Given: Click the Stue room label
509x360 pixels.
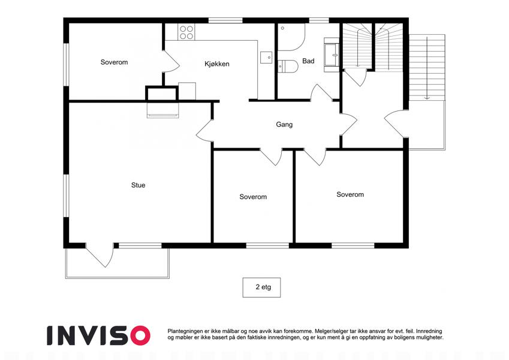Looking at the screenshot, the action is [x=138, y=185].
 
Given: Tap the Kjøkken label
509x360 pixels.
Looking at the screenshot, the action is [x=217, y=64].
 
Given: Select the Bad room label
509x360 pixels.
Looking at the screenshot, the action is [x=308, y=61].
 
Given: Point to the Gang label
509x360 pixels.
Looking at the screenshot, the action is [x=284, y=124].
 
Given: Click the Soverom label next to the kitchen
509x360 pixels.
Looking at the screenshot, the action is [x=114, y=62].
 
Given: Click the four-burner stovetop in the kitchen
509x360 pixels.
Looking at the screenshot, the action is [x=186, y=32].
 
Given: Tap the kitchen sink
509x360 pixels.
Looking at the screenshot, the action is [x=266, y=57].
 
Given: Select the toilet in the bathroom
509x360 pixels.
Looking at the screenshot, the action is [x=288, y=66].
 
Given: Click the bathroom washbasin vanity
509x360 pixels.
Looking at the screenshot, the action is [x=332, y=55].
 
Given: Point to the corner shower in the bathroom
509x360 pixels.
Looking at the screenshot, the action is [x=291, y=37].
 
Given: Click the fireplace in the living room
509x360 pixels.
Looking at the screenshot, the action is [x=162, y=110].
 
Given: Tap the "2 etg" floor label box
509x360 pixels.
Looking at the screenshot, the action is [x=261, y=287].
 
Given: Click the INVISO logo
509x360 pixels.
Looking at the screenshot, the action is [x=99, y=335].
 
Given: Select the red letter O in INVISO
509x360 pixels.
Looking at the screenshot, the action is [x=140, y=335].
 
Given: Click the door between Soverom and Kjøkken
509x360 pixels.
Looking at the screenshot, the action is [x=171, y=61].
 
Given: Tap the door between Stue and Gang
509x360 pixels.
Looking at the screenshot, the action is [x=204, y=130].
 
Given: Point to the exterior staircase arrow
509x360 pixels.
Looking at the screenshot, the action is [x=427, y=68].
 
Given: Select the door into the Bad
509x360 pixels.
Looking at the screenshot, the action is [x=321, y=92].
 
